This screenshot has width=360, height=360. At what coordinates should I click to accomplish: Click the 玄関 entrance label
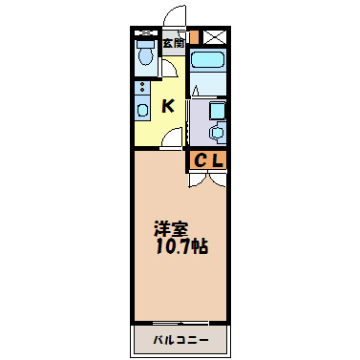[173, 42]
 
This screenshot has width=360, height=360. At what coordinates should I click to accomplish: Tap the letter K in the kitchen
[166, 105]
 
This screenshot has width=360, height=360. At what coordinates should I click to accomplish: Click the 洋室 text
[172, 230]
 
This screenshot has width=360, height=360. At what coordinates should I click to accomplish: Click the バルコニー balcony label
[180, 339]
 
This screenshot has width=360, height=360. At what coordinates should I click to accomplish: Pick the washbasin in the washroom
[217, 131]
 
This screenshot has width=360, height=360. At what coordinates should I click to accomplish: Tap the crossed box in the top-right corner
[215, 37]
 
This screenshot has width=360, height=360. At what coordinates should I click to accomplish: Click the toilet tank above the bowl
[145, 41]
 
